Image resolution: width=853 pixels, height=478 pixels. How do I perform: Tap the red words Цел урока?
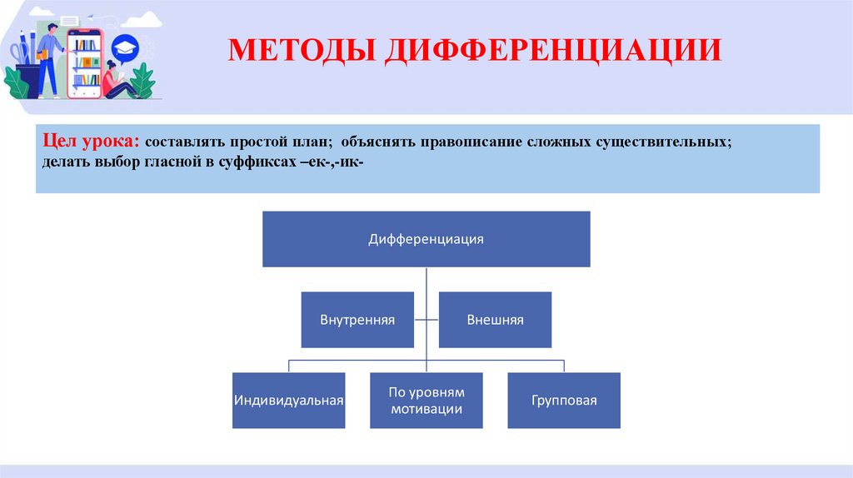pyautogui.click(x=91, y=142)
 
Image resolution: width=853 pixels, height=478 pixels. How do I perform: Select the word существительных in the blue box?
pyautogui.click(x=661, y=143)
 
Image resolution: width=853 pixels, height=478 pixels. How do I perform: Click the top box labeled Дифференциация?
pyautogui.click(x=426, y=239)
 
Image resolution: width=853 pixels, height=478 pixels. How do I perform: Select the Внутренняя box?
pyautogui.click(x=357, y=320)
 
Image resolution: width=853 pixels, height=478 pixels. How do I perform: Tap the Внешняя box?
pyautogui.click(x=495, y=320)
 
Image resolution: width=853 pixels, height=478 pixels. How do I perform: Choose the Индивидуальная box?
pyautogui.click(x=289, y=400)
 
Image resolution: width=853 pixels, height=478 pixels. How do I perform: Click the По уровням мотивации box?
pyautogui.click(x=426, y=400)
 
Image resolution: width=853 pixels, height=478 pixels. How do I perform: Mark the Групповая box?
pyautogui.click(x=564, y=400)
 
